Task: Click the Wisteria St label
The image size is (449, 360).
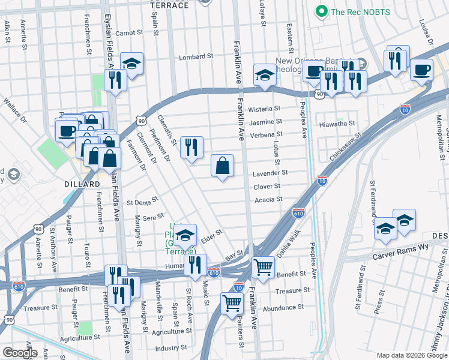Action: tap(265, 109)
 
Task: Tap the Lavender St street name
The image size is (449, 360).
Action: tap(271, 172)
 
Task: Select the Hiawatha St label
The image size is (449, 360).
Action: tap(339, 124)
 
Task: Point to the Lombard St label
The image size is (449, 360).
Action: tap(196, 57)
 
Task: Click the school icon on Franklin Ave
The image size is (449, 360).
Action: tap(263, 76)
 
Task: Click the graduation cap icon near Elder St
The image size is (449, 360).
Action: tap(185, 235)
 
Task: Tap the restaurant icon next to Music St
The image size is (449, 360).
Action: tap(195, 265)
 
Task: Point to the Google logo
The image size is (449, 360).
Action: tap(20, 353)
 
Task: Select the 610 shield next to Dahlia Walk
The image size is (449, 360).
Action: tap(298, 213)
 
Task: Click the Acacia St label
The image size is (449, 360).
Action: tap(268, 200)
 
